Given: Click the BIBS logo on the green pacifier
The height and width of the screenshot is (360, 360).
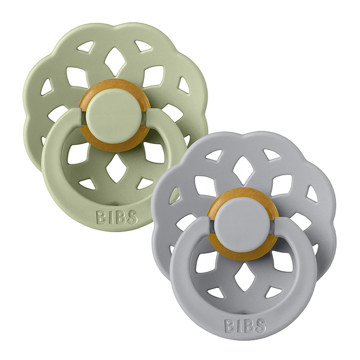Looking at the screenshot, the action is [117, 217].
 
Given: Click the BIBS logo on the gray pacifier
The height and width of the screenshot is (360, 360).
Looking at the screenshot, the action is [245, 326].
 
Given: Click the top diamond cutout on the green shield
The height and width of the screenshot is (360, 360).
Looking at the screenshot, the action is [115, 62].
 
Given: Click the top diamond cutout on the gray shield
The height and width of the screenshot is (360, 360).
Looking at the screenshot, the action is [243, 170].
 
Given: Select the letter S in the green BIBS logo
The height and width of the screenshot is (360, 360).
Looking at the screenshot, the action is [132, 217].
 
